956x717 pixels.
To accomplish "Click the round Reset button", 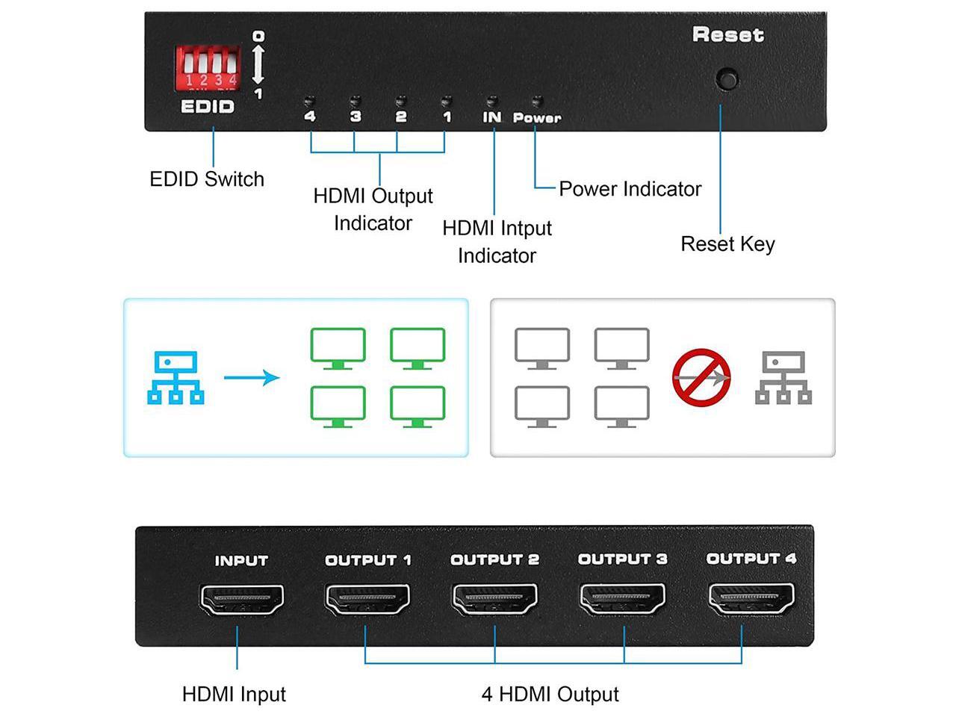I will (x=726, y=78).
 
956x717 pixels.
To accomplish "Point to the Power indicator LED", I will (x=536, y=99).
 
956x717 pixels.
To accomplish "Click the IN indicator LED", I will (x=491, y=99).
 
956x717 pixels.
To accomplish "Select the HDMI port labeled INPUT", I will (x=242, y=600).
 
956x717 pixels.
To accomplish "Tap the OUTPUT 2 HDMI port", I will (x=495, y=600).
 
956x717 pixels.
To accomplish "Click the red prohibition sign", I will (x=701, y=378).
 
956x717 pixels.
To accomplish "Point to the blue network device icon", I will (x=176, y=378).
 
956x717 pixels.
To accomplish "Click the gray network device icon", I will (x=783, y=378).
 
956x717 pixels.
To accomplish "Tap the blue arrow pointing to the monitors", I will (x=252, y=378).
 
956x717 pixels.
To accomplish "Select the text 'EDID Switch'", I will (x=207, y=179).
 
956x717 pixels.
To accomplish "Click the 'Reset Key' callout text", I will (x=727, y=244).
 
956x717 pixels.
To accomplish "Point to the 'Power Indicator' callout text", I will (x=630, y=189).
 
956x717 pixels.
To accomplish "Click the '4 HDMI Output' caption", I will (x=550, y=695).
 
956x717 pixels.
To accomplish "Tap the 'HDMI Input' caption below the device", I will (x=234, y=695).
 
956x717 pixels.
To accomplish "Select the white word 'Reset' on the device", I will (x=727, y=35).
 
